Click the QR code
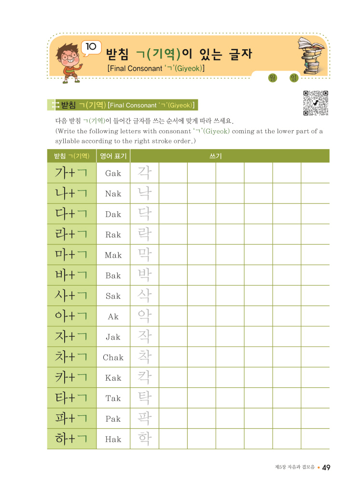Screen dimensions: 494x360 pos(316,103)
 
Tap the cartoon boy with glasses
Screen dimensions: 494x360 pos(69,59)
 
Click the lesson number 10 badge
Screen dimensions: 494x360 pos(91,47)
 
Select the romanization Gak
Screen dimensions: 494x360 pos(113,173)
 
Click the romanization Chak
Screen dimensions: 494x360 pos(113,357)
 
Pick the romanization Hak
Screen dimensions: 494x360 pos(113,439)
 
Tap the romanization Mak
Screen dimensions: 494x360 pos(113,255)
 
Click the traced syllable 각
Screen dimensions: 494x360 pos(144,173)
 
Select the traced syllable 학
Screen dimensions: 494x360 pos(144,439)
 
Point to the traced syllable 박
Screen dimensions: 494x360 pos(144,275)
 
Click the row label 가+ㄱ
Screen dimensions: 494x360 pos(71,173)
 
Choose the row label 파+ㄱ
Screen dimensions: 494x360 pos(71,419)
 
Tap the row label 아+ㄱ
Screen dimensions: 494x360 pos(71,316)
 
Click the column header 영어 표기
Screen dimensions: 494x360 pos(113,156)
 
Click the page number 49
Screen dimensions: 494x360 pos(326,467)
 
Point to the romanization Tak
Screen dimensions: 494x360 pos(113,398)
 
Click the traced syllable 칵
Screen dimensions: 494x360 pos(144,378)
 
